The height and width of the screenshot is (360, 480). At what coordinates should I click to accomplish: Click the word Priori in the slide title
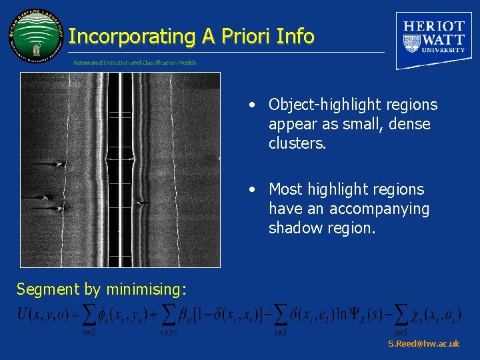(x=238, y=37)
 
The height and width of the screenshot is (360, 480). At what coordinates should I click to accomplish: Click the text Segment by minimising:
(x=101, y=289)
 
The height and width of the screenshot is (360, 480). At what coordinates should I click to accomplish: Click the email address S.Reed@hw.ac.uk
(x=423, y=344)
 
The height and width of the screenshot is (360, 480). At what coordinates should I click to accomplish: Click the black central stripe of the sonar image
(x=114, y=167)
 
